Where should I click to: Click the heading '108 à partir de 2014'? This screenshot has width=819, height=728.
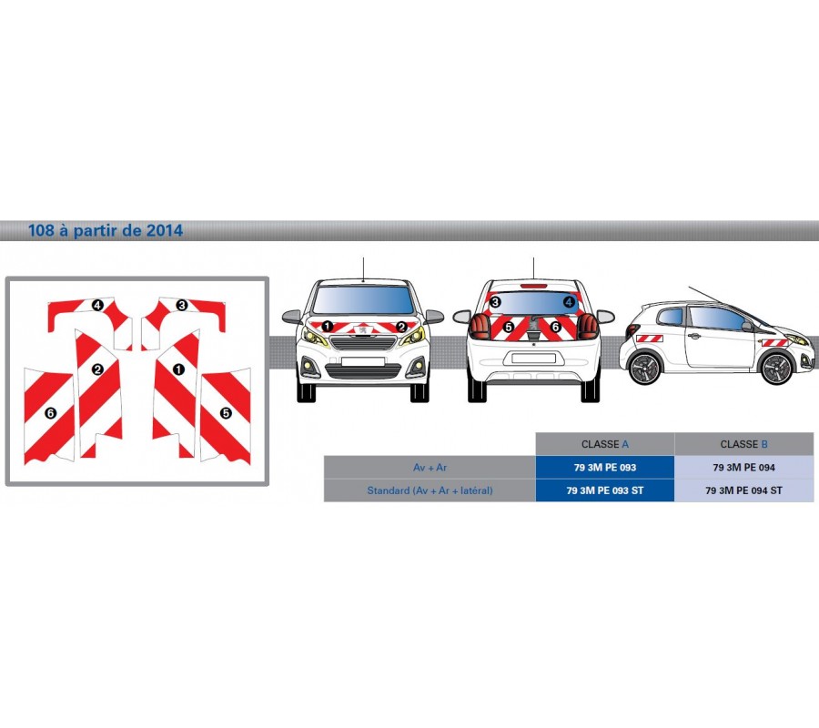point(105,230)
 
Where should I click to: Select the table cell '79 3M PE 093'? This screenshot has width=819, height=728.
point(605,468)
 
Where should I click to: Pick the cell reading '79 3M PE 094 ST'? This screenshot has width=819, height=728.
point(743,490)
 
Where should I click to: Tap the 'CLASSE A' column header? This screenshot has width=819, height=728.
point(605,444)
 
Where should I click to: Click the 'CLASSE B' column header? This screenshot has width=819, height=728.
point(743,444)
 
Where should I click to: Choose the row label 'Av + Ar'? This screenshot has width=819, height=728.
point(430,468)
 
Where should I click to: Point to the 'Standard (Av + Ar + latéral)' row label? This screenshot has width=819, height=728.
point(430,490)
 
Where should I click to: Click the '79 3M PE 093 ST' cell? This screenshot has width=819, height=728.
point(605,490)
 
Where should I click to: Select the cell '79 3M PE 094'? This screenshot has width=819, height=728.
point(743,468)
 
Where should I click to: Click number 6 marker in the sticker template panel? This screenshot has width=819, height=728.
point(51,413)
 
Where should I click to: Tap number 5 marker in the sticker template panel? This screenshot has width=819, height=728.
point(226,413)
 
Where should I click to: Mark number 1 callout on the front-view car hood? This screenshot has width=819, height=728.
point(327,327)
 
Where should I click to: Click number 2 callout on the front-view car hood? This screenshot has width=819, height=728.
point(401,327)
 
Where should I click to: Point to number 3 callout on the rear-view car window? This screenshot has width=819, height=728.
point(495,301)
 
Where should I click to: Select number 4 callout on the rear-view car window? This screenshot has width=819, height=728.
point(569,301)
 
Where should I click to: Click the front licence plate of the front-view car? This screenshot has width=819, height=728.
point(363,361)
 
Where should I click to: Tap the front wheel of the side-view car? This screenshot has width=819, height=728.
point(777,369)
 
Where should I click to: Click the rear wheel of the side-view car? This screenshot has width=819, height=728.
point(646,368)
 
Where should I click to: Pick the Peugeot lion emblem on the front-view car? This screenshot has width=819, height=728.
point(363,329)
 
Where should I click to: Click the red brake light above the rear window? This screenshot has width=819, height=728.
point(533,286)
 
